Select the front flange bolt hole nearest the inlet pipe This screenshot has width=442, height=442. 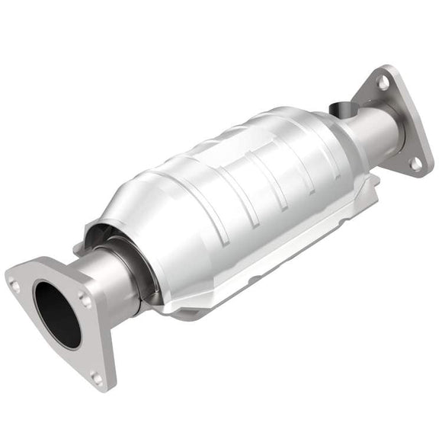[x=85, y=301]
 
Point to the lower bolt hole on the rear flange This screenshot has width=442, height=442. [x=415, y=162]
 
